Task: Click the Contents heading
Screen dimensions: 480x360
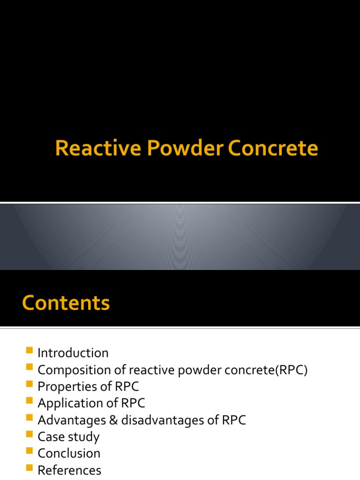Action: tap(66, 303)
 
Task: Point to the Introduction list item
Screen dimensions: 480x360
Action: tap(73, 353)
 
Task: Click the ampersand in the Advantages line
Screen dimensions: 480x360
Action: tap(113, 420)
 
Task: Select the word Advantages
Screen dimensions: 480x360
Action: tap(72, 420)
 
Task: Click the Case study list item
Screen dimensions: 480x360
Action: tap(68, 437)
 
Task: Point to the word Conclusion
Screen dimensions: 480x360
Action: tap(69, 453)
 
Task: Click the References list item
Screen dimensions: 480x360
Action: tap(69, 470)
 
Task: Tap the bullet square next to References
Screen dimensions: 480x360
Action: tap(30, 468)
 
